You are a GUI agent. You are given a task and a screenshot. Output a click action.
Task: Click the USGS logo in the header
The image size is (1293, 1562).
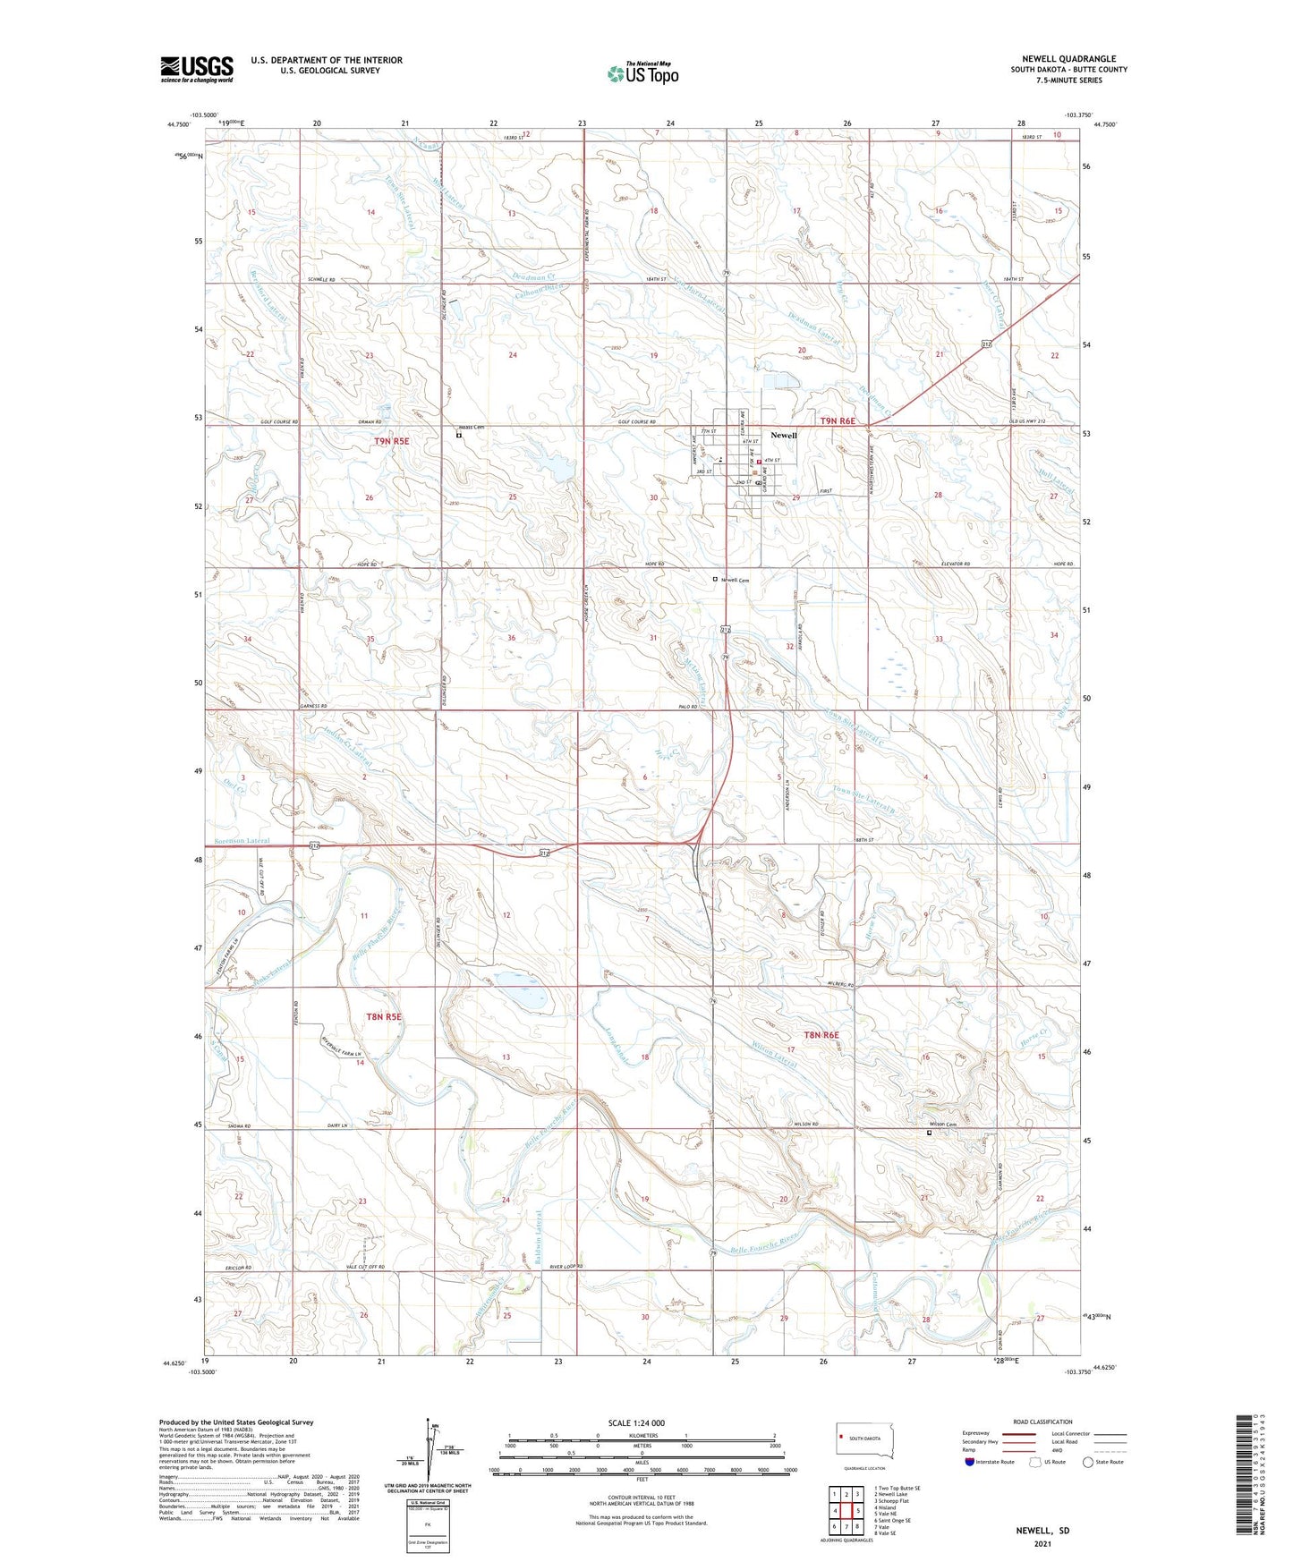197,69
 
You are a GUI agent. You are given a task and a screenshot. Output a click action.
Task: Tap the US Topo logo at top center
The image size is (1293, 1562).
642,72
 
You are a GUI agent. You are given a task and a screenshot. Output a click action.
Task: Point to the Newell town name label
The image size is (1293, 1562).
783,435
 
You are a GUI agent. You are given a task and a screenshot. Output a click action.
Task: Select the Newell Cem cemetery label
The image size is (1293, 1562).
734,580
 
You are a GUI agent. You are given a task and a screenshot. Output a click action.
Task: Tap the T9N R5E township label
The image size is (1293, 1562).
391,441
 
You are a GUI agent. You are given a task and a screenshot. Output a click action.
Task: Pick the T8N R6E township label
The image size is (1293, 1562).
821,1035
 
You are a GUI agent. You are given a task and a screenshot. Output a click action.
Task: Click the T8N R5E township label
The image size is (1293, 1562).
384,1016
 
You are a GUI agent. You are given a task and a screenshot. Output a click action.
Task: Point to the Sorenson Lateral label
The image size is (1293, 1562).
242,841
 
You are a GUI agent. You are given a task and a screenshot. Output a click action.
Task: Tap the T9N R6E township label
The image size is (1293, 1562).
838,420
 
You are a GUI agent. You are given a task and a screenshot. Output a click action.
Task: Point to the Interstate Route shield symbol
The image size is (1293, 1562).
970,1462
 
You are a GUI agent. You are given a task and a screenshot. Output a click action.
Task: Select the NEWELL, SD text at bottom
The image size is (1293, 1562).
1042,1530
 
